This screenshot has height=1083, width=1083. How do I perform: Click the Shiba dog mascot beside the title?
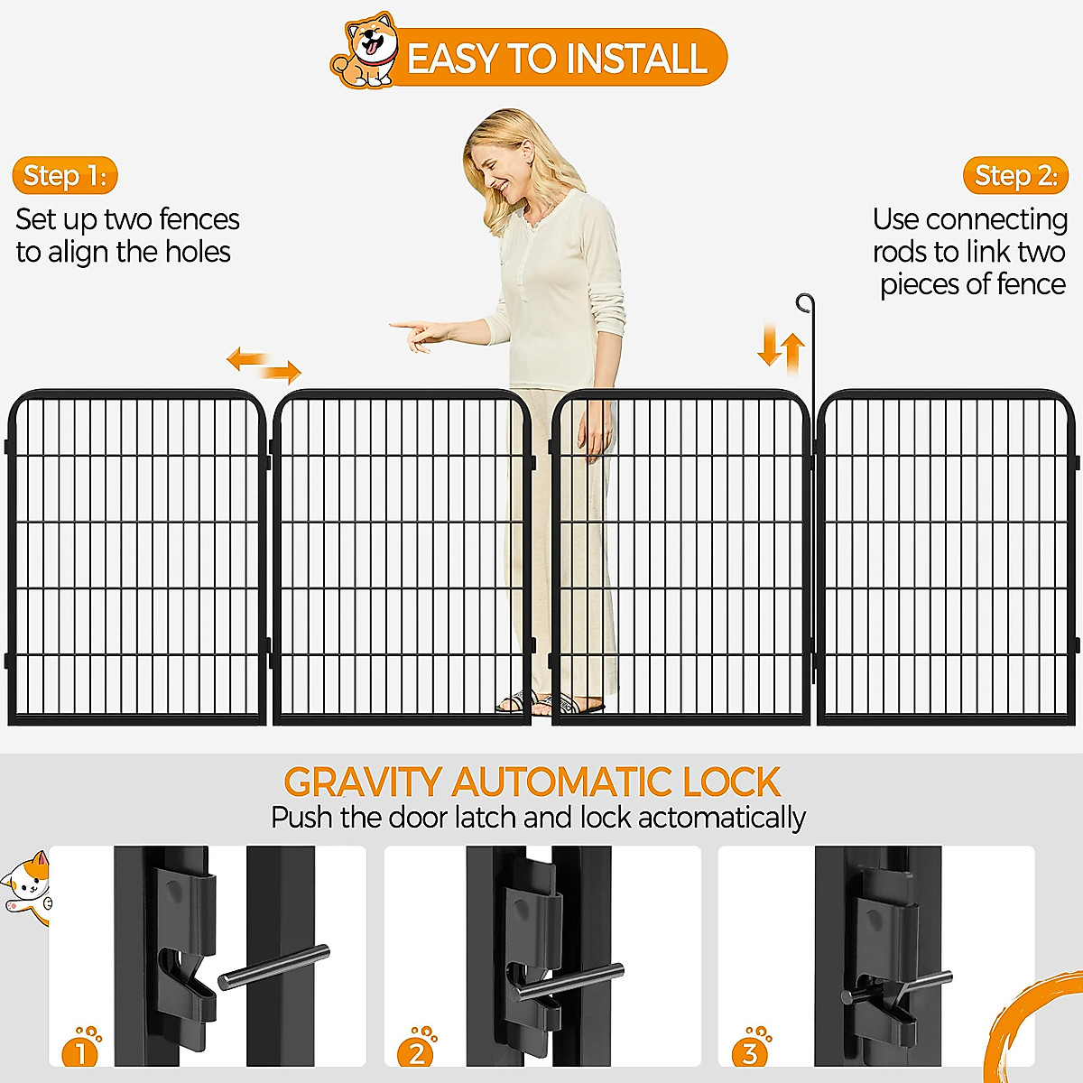pyautogui.click(x=366, y=52)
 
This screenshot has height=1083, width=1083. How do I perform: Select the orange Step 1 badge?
pyautogui.click(x=65, y=175)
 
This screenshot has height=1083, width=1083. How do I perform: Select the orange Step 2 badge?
pyautogui.click(x=1015, y=175)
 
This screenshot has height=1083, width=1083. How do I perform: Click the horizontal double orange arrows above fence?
pyautogui.click(x=264, y=365)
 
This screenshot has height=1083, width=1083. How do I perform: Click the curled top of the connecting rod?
pyautogui.click(x=804, y=302)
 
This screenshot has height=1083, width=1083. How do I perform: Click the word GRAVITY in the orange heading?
pyautogui.click(x=362, y=782)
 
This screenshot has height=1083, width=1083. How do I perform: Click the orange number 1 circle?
pyautogui.click(x=79, y=1052)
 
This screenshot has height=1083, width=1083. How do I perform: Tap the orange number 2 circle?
pyautogui.click(x=415, y=1052)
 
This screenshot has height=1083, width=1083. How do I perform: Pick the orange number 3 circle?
pyautogui.click(x=749, y=1052)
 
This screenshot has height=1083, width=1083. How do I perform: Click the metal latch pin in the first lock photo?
pyautogui.click(x=273, y=967)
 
